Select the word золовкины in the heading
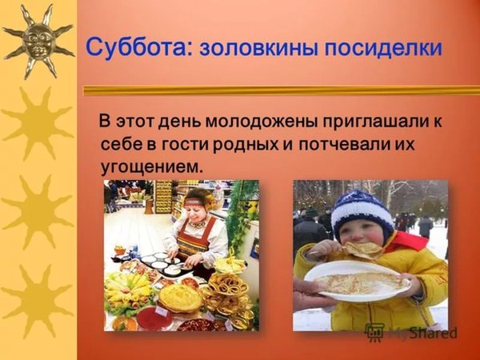(258, 48)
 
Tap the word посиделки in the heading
(383, 49)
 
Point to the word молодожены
(262, 122)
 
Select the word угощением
(152, 168)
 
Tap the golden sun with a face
(38, 41)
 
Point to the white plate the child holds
(358, 281)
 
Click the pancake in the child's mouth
(364, 249)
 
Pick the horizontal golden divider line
(282, 90)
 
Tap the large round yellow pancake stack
(180, 298)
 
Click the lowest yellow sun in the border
(38, 302)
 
